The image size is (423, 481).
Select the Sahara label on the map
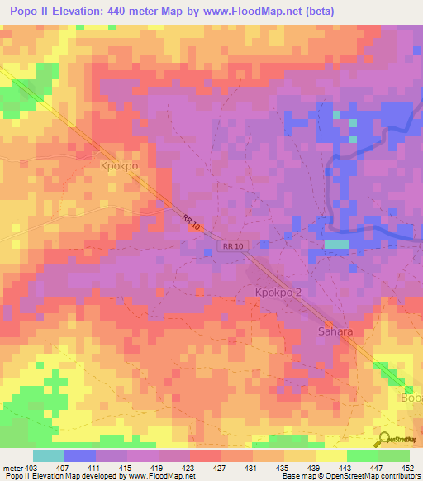[335, 331]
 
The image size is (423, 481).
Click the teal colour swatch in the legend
[48, 455]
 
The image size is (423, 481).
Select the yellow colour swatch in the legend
[330, 455]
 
